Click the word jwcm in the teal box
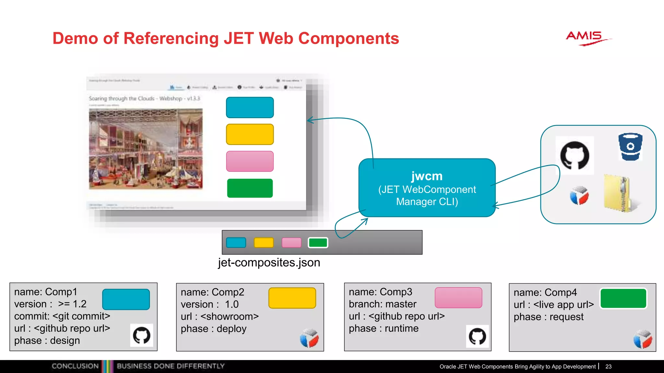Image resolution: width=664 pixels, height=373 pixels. point(427,176)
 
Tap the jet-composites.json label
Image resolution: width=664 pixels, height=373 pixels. point(269,262)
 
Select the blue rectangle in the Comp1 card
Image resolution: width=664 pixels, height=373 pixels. point(126,299)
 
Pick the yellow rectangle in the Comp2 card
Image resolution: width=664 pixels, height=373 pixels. point(292,298)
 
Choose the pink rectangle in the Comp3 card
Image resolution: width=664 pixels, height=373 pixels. point(458,298)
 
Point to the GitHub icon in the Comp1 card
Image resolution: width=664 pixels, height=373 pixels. point(142,335)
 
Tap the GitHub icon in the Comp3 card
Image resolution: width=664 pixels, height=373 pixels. point(477,336)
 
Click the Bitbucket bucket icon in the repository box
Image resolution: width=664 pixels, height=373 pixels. point(630,147)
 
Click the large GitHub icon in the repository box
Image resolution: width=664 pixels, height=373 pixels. point(575,155)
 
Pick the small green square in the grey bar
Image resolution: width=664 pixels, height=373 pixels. point(318,243)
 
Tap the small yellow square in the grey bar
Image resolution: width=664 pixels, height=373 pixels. point(264,243)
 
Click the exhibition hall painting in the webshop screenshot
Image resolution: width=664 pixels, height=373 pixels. point(146,149)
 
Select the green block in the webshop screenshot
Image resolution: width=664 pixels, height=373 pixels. point(250,188)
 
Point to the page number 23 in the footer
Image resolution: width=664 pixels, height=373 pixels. point(608,367)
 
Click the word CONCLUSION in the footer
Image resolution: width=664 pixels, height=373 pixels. point(75,366)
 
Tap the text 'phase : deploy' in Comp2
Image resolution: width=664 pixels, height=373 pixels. point(214,329)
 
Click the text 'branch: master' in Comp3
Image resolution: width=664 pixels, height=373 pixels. point(383,304)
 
